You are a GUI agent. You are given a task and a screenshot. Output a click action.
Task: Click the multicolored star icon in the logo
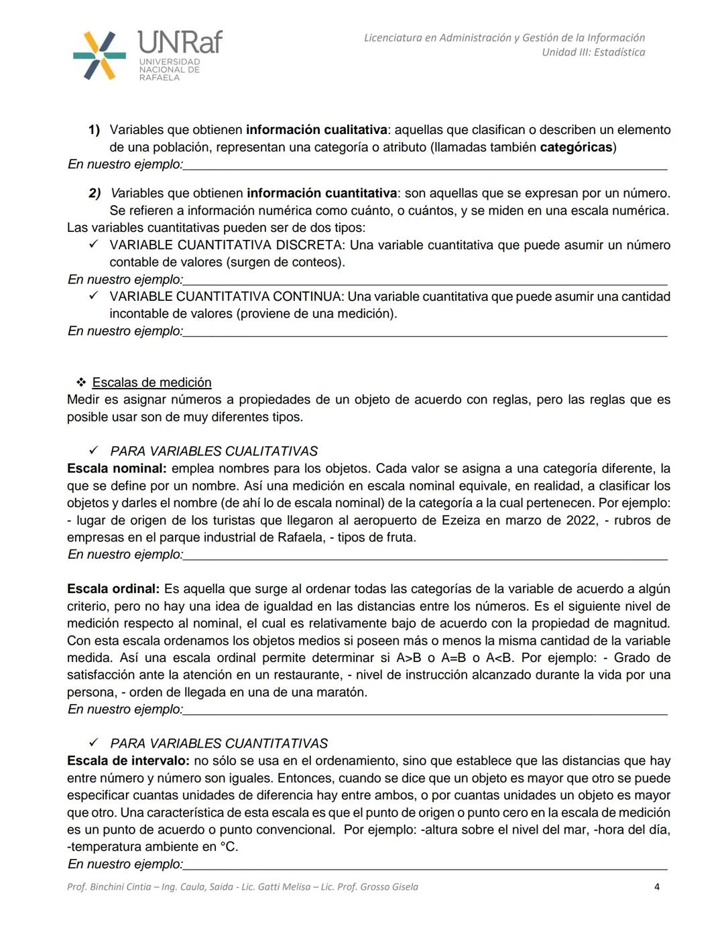99,56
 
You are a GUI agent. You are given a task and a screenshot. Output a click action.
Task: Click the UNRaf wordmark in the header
180,43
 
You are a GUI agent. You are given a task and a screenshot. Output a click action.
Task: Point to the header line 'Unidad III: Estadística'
593,52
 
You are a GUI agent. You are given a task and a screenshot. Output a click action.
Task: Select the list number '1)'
94,130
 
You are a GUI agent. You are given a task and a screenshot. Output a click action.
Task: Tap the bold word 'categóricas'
576,147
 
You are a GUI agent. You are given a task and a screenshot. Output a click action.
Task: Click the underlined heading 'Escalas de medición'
152,383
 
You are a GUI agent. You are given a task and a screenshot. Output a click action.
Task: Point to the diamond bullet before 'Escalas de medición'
81,383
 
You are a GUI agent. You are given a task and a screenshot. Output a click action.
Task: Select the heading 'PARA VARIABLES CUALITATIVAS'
214,452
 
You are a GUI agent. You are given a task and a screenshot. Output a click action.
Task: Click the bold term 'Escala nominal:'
117,469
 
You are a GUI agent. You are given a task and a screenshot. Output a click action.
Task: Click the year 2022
581,521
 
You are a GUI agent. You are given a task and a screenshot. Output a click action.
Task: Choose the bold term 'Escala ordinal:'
113,589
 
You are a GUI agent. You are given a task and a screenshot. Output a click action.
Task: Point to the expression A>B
409,658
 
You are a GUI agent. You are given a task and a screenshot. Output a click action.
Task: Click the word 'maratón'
342,692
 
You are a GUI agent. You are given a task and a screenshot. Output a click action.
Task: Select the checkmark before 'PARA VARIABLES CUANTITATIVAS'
94,743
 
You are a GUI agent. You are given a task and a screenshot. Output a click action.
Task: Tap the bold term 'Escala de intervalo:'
129,761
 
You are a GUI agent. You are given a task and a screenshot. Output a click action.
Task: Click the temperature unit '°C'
229,847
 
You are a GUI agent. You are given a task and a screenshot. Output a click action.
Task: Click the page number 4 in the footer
656,887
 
